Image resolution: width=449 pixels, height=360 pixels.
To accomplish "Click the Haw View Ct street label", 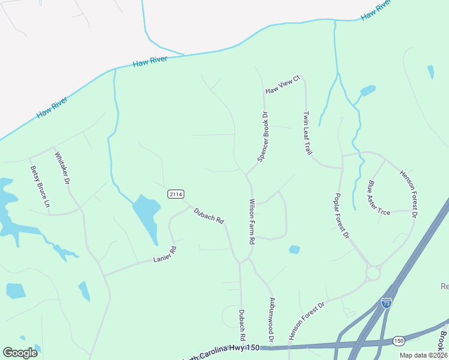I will point(282,85).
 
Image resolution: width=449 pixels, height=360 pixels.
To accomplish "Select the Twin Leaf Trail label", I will point(308,133).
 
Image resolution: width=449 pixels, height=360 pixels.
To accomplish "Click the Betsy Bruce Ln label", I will point(40,186).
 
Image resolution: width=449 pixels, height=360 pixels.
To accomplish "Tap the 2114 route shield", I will point(175,194).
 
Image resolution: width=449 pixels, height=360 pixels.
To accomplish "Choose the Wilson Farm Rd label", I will point(253,221).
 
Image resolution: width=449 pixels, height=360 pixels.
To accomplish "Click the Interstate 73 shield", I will point(387,303).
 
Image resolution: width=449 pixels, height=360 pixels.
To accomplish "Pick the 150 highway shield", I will point(399,340).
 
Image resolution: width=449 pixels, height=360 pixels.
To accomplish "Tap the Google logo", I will point(20,353).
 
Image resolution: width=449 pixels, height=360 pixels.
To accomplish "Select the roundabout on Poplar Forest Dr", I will point(373,274).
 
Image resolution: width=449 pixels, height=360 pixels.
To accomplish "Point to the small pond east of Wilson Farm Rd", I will point(294,249).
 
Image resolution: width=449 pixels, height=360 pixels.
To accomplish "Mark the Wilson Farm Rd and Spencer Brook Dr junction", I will point(246,175).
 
